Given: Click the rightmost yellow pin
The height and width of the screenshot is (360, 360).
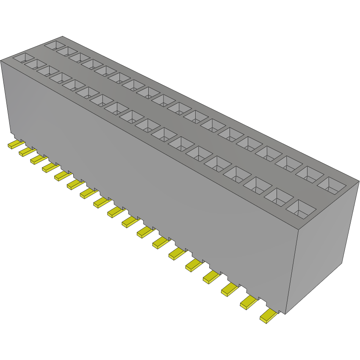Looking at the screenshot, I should coord(269,316).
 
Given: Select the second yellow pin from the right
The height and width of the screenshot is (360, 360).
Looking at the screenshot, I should coord(249,302).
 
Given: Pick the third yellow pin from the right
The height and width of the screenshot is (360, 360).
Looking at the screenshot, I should coord(229,289).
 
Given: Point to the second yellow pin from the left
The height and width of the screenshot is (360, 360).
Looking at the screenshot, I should coord(26,151).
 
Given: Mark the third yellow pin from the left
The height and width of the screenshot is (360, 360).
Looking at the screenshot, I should coord(37,159).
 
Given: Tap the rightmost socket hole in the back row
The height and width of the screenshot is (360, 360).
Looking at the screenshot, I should coord(331,184).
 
